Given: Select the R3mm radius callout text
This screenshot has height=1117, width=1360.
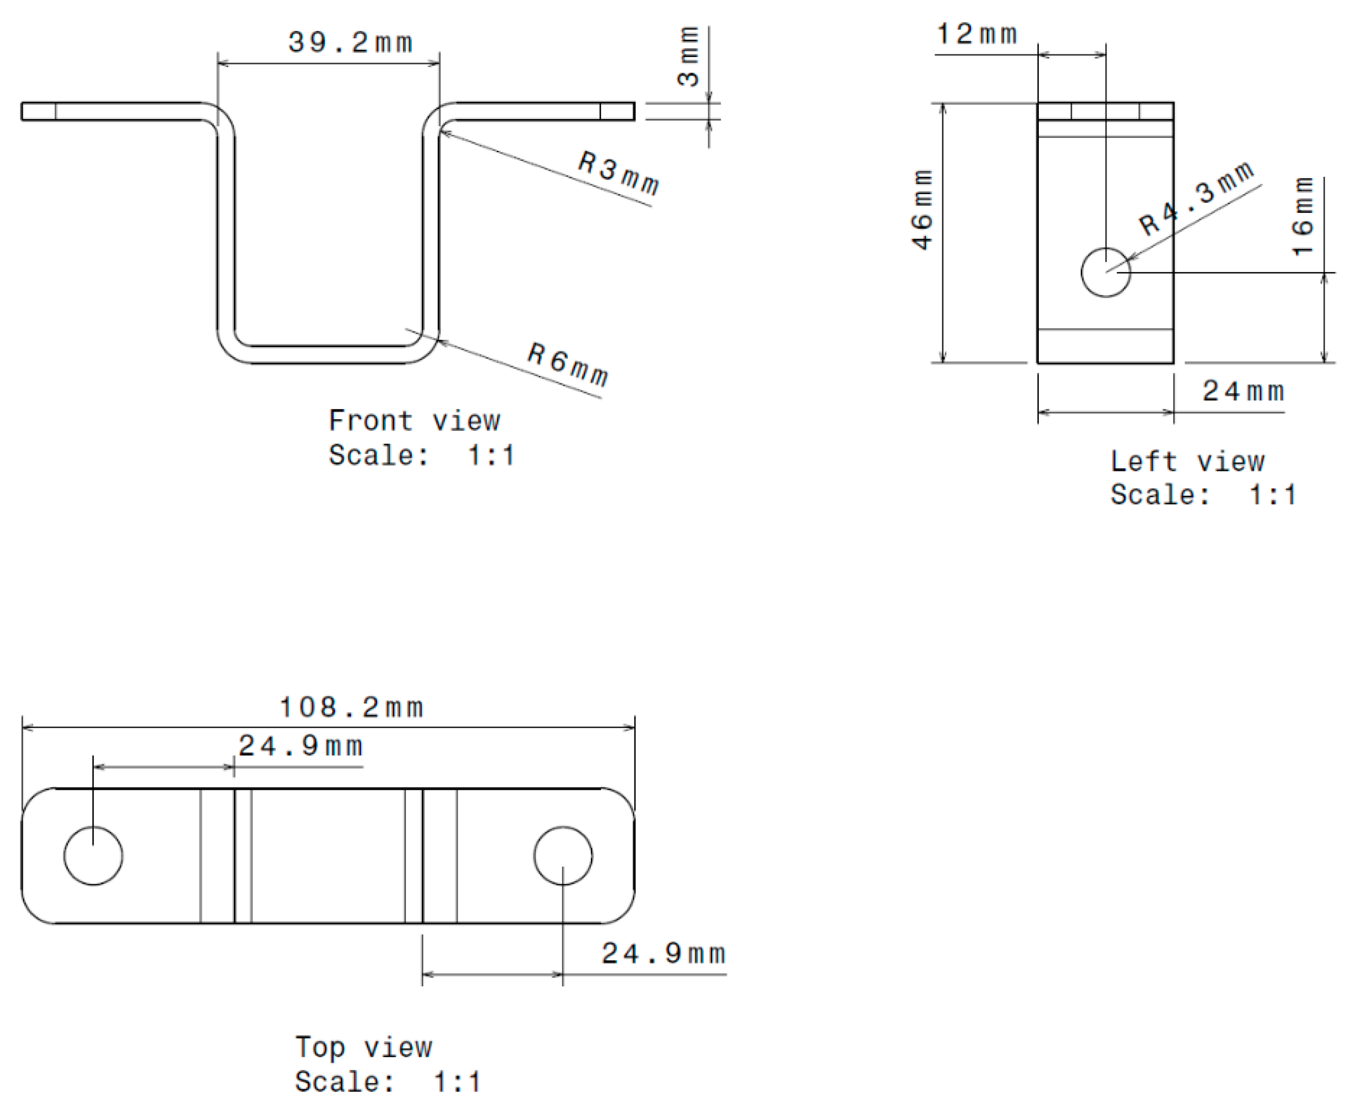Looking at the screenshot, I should pos(618,173).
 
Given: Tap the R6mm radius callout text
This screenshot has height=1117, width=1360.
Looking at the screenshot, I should pos(567,364).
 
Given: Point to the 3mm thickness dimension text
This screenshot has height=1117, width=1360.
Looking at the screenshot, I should pos(688,57).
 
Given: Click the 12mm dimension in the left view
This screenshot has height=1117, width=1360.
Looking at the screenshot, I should pos(976,34).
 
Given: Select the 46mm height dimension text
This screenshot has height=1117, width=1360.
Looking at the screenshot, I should pos(922,210).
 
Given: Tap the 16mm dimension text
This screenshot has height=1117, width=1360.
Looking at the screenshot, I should pos(1303,216).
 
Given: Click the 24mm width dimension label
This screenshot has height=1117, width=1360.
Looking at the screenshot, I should pos(1243,391).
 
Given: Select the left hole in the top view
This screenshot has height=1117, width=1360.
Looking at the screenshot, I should pos(93,856).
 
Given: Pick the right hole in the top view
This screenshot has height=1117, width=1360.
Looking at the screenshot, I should pos(563,856).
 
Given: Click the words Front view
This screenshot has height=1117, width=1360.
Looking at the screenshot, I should pos(414,421).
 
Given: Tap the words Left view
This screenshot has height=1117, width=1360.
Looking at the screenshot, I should pos(1187,461).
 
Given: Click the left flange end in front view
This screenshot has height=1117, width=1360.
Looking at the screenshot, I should pos(39,111).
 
